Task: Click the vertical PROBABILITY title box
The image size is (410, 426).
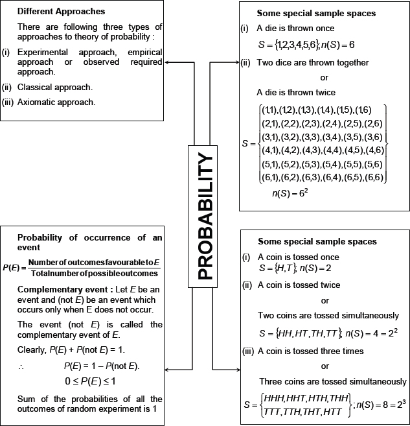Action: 205,213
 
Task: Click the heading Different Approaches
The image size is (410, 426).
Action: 62,12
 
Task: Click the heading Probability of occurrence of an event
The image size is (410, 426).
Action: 89,242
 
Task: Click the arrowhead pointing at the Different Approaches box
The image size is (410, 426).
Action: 167,63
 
